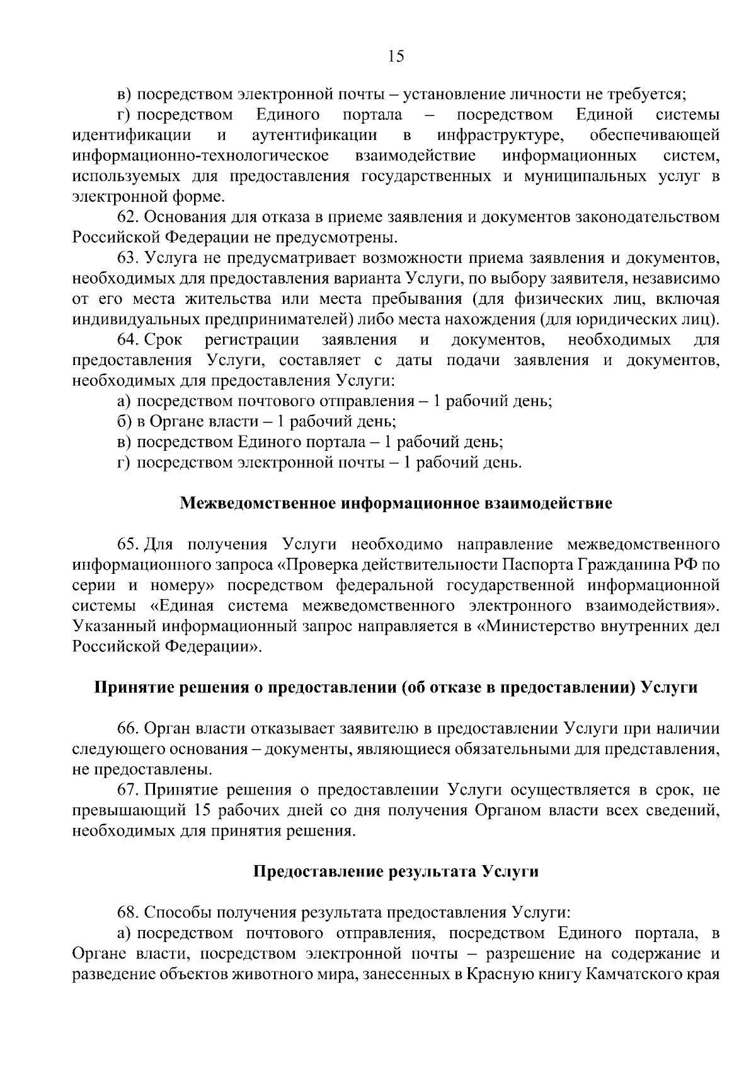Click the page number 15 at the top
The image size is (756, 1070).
coord(396,57)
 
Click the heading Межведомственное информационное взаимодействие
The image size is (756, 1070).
coord(396,504)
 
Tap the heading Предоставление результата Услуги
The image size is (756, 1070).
coord(396,872)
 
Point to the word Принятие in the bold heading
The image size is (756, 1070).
coord(129,688)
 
